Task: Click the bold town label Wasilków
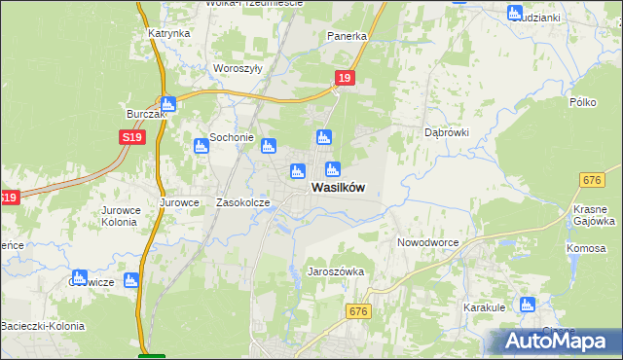pos(338,189)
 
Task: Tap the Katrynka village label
pos(168,33)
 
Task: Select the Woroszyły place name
pos(237,69)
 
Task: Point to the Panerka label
pos(347,37)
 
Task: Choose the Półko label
pos(582,102)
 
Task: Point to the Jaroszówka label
pos(336,272)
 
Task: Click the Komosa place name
pos(586,248)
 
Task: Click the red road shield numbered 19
pos(344,78)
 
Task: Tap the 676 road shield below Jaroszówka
pos(358,310)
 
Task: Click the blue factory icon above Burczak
pos(167,104)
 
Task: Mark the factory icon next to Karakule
pos(527,304)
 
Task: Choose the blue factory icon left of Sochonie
pos(201,146)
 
